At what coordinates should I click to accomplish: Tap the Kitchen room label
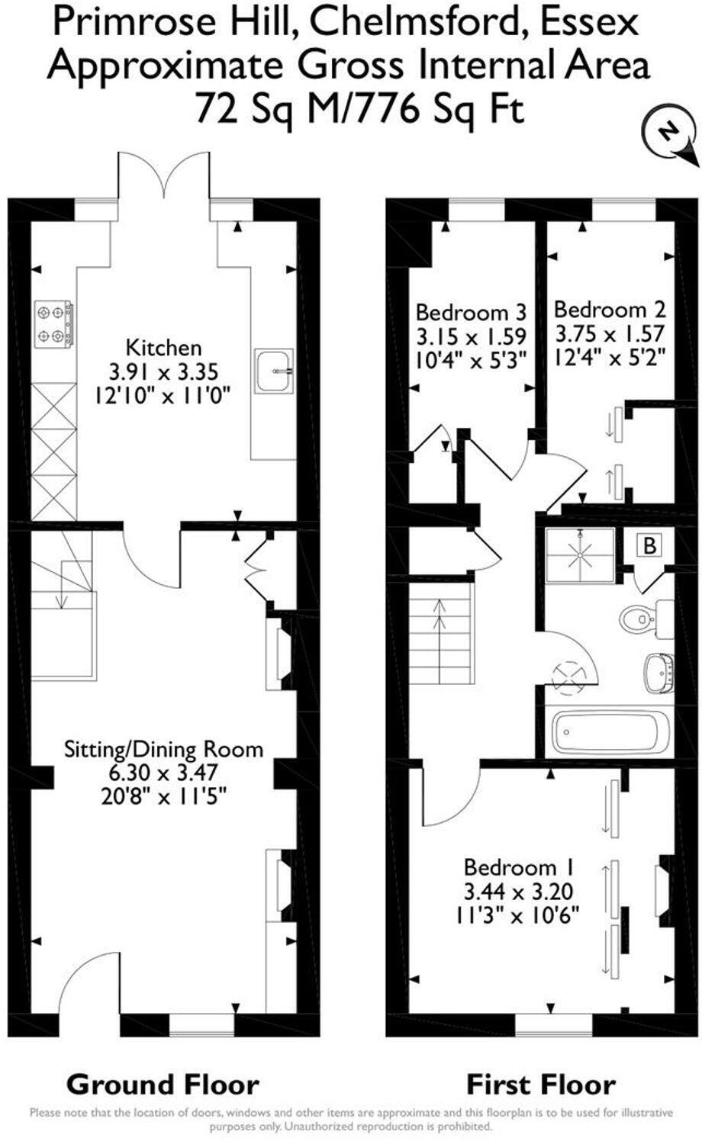click(x=163, y=348)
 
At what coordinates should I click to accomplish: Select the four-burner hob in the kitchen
click(x=53, y=324)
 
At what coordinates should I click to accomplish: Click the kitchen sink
click(x=274, y=371)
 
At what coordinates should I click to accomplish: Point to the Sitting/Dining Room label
click(x=163, y=748)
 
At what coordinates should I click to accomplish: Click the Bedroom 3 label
click(x=471, y=312)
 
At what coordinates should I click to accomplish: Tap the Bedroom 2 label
click(x=610, y=310)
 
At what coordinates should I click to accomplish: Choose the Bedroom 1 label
click(x=519, y=867)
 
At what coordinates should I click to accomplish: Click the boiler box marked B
click(x=649, y=545)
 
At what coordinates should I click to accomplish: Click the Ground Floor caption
click(x=163, y=1084)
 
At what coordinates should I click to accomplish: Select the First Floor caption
click(x=541, y=1084)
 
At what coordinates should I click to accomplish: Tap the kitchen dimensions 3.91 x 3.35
click(x=163, y=371)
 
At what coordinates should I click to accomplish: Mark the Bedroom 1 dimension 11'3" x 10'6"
click(x=519, y=914)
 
